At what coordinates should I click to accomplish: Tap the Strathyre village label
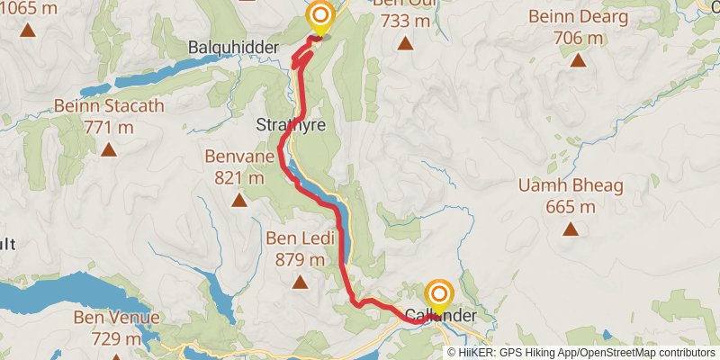tap(290, 124)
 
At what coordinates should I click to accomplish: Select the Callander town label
tap(439, 317)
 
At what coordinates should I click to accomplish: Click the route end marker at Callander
tap(439, 296)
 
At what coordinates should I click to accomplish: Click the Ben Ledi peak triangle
tap(300, 283)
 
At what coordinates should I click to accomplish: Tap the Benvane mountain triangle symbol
tap(239, 200)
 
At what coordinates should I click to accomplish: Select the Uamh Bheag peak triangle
tap(571, 229)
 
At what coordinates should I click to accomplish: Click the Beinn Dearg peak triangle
tap(577, 61)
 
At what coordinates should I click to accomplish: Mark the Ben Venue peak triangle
tap(117, 358)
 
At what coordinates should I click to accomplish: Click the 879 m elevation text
tap(300, 260)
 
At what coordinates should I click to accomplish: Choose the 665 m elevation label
tap(571, 207)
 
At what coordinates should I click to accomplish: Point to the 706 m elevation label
tap(577, 39)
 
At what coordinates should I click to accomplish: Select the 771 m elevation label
tap(108, 127)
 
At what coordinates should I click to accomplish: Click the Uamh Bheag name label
tap(571, 187)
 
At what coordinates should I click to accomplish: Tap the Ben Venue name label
tap(117, 318)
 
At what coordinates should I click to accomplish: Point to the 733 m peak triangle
tap(404, 43)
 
